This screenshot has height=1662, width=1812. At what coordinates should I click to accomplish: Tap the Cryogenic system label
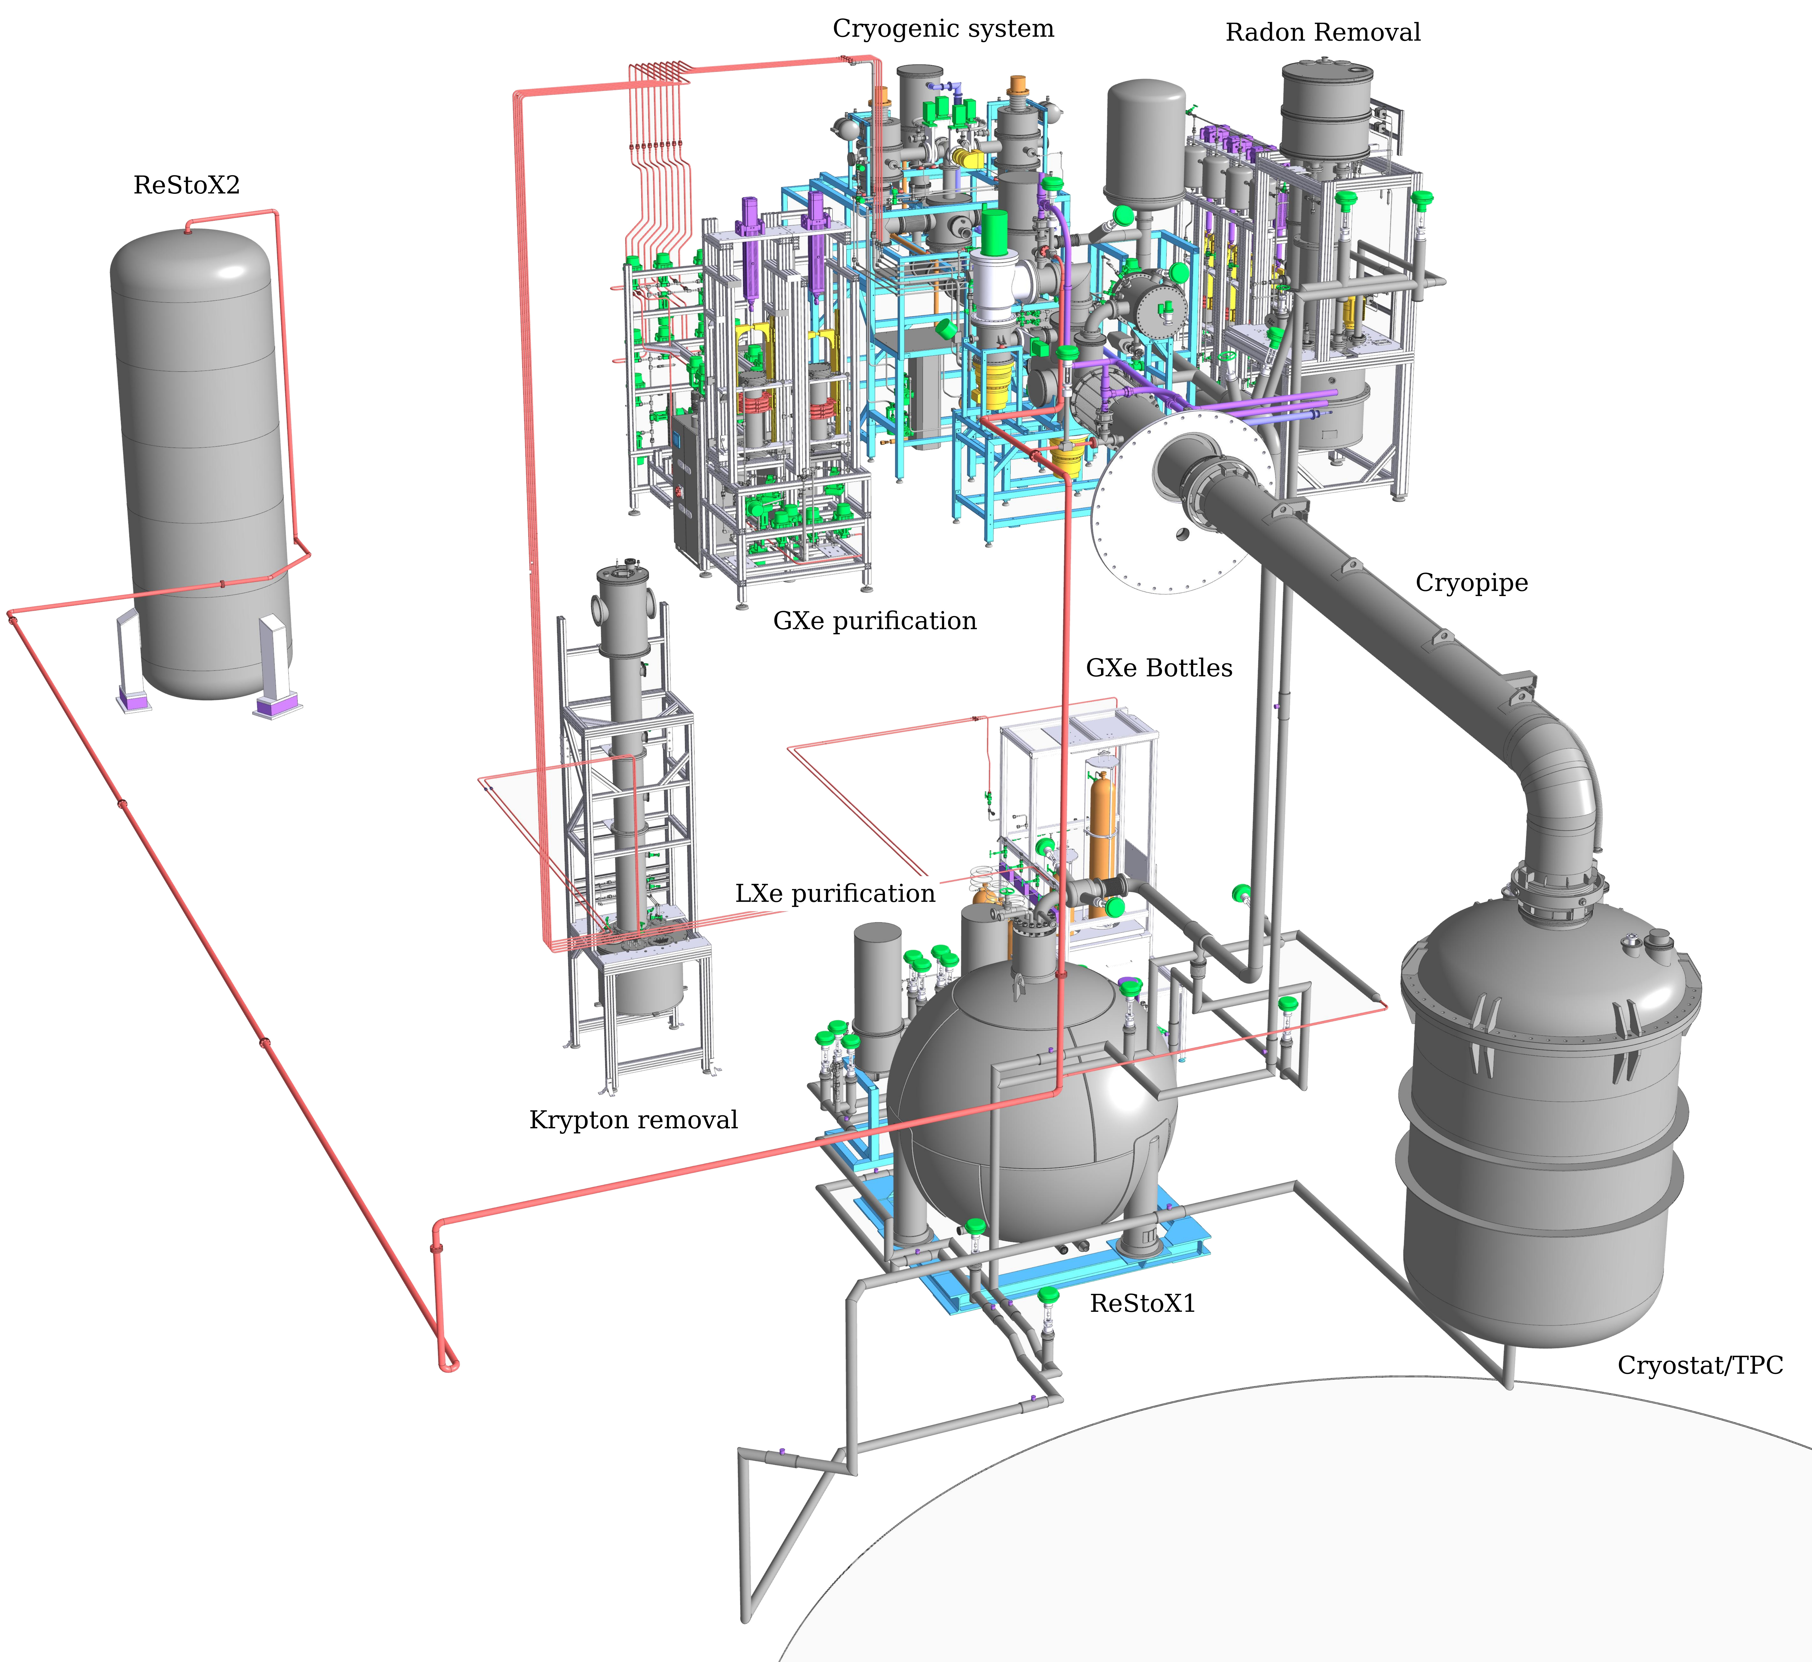pos(943,29)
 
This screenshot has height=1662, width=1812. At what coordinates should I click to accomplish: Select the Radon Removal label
pos(1323,32)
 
